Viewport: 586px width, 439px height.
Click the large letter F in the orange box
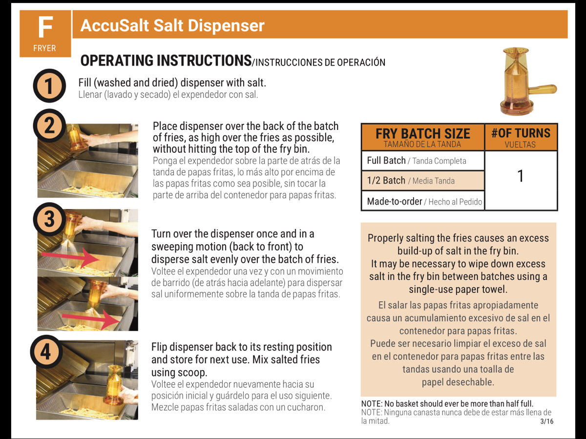(45, 27)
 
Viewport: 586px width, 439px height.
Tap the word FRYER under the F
(44, 48)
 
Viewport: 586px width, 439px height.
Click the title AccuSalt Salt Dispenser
(172, 25)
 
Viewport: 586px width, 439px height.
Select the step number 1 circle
(49, 85)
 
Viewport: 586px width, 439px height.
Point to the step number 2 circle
(49, 125)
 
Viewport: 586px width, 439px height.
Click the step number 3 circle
(49, 219)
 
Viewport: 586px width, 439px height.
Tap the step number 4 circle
(46, 352)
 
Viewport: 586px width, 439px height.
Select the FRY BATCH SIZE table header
(422, 137)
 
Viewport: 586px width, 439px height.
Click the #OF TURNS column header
(521, 137)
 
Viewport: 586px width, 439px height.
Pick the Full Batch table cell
(422, 161)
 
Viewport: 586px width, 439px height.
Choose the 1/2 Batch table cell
(422, 181)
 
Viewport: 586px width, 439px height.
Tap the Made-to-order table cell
(422, 201)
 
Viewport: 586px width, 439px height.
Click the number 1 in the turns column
(521, 176)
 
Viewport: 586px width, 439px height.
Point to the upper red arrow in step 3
(71, 257)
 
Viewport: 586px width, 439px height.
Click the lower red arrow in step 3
(91, 319)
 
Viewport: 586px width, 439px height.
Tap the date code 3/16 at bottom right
(547, 421)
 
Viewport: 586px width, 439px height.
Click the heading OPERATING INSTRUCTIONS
(166, 61)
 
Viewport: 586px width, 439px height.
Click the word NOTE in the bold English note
(372, 403)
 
